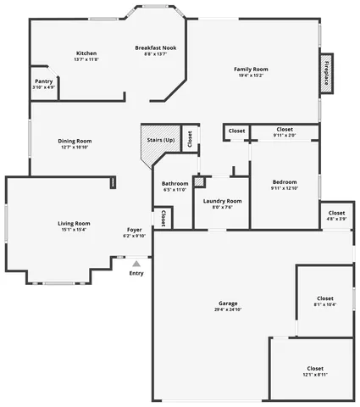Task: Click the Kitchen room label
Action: click(86, 53)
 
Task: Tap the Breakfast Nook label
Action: click(156, 47)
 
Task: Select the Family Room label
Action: click(252, 69)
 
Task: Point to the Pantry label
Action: click(43, 81)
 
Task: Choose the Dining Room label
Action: click(75, 141)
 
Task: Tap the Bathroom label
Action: click(175, 183)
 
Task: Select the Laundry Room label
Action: click(223, 201)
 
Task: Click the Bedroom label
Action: click(285, 182)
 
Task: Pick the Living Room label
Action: click(74, 223)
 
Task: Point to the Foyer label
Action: click(134, 229)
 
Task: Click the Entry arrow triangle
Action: click(136, 264)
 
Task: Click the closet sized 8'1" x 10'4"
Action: click(325, 298)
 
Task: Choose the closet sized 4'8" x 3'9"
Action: click(336, 213)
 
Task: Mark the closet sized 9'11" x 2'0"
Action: click(285, 129)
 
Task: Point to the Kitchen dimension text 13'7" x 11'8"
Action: click(86, 60)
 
